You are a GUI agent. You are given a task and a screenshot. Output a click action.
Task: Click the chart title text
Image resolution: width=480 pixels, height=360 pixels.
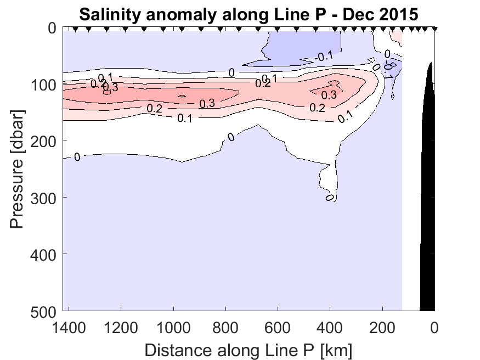(249, 14)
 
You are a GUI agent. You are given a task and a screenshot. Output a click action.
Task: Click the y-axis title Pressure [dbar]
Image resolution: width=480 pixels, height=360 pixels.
(18, 170)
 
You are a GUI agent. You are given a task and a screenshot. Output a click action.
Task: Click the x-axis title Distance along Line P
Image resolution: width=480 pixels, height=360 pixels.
(249, 349)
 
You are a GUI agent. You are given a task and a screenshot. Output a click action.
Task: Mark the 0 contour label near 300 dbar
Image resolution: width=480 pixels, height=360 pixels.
(330, 196)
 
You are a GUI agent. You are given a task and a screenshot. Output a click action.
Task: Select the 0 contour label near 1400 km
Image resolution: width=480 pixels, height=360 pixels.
(77, 157)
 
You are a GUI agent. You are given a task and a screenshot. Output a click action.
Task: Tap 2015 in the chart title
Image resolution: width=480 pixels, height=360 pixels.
(400, 14)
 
